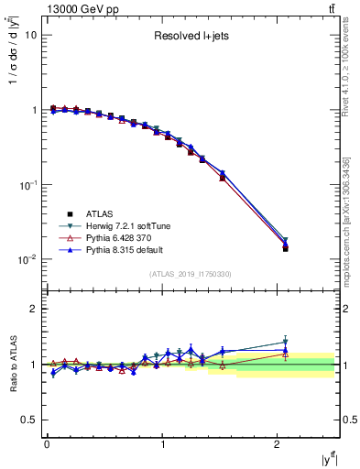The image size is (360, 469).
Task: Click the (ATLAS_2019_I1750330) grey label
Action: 190,274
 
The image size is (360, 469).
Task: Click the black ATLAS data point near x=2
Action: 285,248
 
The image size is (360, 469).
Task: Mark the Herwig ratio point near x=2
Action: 285,343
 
